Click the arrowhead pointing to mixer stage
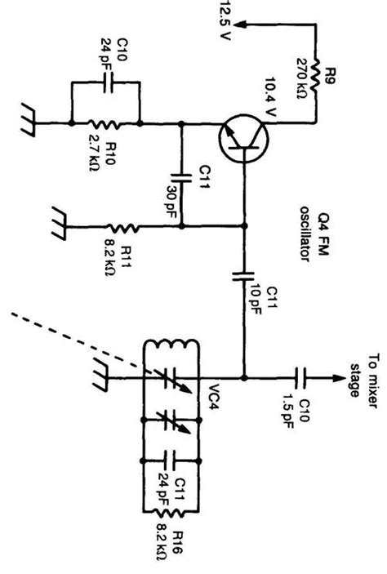(x=333, y=378)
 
